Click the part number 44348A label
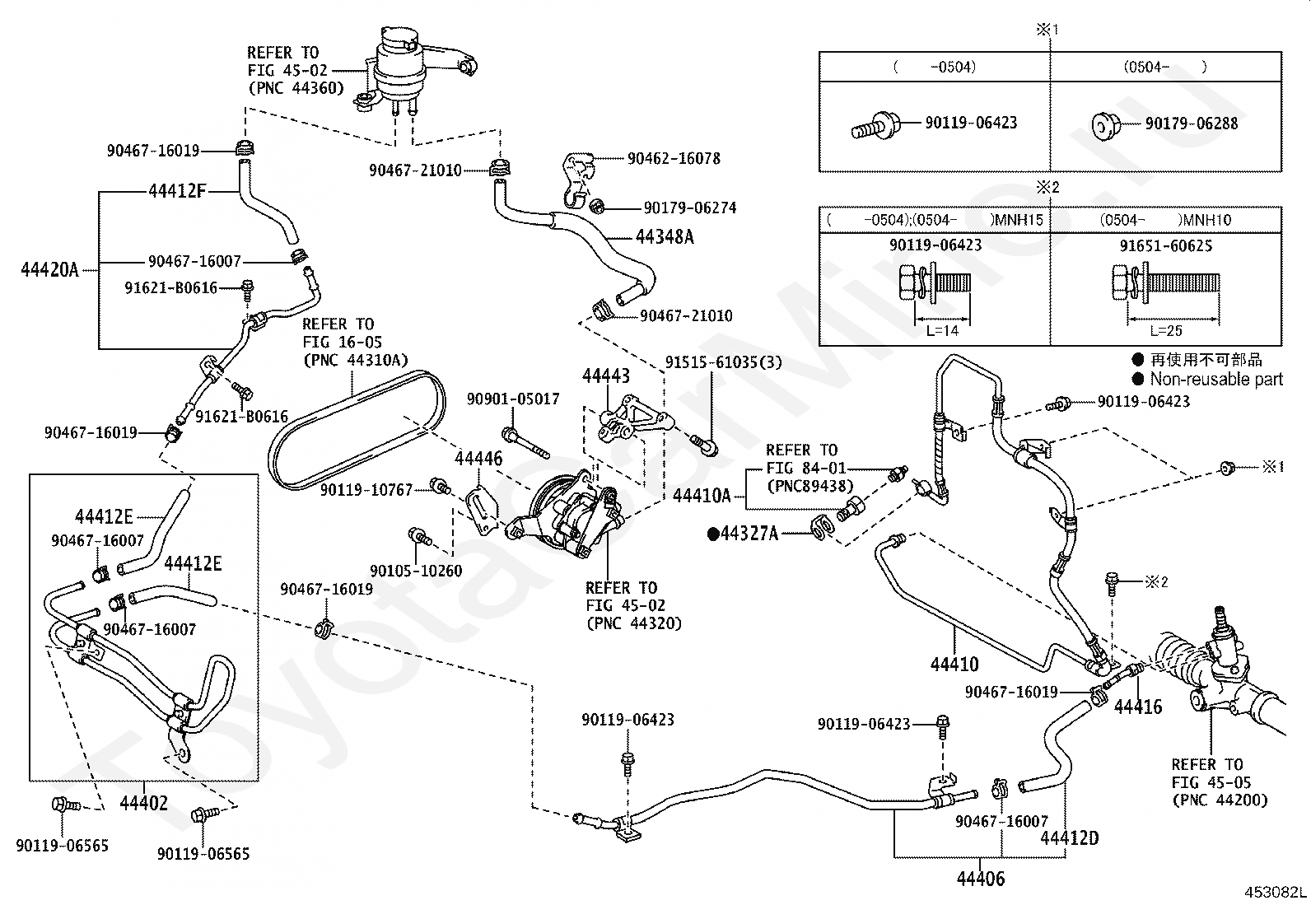click(665, 237)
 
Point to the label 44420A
click(49, 269)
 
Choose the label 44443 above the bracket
click(605, 376)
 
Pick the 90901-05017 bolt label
click(512, 399)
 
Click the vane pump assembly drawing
click(568, 515)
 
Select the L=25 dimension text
click(1165, 331)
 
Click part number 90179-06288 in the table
click(1191, 124)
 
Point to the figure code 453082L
click(1275, 892)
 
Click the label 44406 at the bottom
click(980, 879)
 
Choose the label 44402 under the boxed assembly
click(143, 802)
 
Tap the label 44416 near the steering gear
click(1138, 706)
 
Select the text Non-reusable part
click(1215, 380)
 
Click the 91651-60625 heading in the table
click(1165, 245)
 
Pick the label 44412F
click(177, 192)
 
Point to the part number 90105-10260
click(416, 571)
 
